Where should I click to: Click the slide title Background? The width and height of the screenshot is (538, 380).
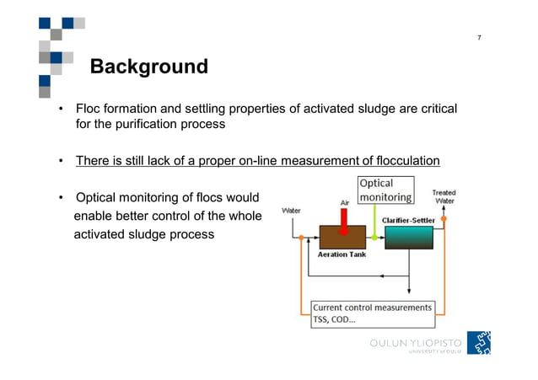coord(148,67)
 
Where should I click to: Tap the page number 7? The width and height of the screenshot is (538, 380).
coord(479,39)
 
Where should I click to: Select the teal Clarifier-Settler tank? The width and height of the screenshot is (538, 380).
coord(408,237)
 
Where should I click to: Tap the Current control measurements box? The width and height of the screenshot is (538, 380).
coord(372,314)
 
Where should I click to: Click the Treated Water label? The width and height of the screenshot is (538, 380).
coord(444,197)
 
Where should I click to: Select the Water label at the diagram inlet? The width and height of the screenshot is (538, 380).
coord(291,210)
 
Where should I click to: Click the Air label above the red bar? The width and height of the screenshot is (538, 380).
coord(344,202)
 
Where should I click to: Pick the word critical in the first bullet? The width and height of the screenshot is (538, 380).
coord(434,110)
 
